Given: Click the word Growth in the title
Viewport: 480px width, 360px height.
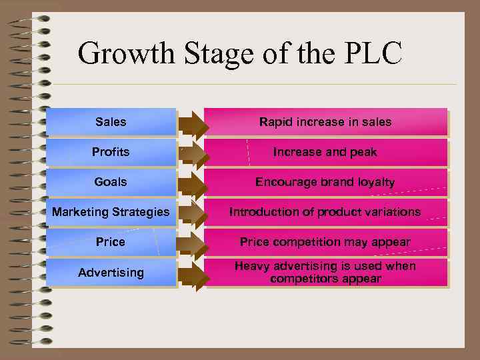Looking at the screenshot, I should [119, 53].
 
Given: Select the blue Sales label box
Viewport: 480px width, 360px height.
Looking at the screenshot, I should [111, 122].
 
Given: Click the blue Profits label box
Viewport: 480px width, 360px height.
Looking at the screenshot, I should [111, 152].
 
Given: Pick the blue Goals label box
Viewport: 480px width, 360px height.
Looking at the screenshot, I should [111, 181].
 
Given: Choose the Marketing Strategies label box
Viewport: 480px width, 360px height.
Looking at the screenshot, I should [111, 212].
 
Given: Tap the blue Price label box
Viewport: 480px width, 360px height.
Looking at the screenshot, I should [111, 242].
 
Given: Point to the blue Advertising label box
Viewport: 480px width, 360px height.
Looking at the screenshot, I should [111, 273].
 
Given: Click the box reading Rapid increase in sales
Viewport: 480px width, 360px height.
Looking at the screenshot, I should [325, 122].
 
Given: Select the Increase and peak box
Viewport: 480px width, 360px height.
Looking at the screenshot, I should [325, 152].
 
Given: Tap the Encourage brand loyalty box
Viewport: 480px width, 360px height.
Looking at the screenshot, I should [325, 182].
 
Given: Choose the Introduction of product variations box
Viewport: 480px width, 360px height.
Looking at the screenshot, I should [325, 212].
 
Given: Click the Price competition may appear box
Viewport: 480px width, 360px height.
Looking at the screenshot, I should [325, 242].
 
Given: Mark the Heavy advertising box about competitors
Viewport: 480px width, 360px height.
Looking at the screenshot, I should [325, 273].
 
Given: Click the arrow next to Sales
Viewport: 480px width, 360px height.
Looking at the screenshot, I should [193, 123].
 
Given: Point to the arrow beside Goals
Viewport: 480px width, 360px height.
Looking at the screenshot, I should [193, 183].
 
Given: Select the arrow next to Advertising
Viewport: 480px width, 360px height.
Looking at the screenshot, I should [193, 274].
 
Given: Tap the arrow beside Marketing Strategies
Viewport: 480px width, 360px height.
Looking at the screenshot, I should [193, 213].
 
